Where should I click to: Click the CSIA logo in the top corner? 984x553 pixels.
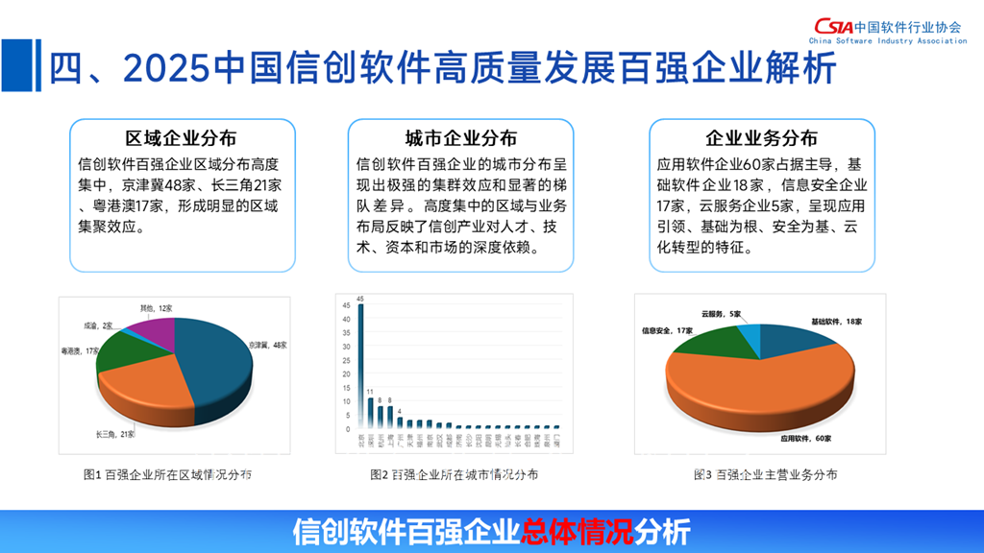(x=832, y=26)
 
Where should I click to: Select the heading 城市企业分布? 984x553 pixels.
(x=460, y=137)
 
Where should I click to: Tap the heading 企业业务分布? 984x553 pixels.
(x=762, y=137)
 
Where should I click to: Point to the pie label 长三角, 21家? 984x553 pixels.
(x=116, y=435)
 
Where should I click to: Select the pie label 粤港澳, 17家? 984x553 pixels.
(x=80, y=351)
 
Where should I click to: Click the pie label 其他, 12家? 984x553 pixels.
(x=157, y=308)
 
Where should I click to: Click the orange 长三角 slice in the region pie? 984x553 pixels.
(x=149, y=389)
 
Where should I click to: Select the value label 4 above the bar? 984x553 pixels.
(x=400, y=411)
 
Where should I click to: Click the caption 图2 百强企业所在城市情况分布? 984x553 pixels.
(x=454, y=474)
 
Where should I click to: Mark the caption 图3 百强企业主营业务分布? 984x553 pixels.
(x=765, y=474)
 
